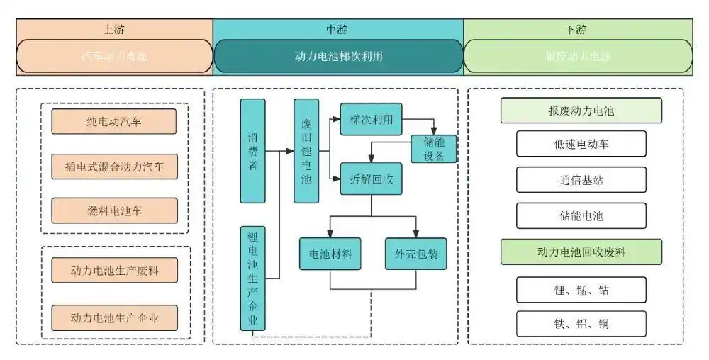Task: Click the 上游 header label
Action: pos(113,29)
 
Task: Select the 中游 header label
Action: pos(337,29)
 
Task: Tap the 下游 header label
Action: pos(577,29)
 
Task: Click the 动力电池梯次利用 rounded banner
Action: pos(337,56)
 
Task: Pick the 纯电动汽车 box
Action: pos(113,121)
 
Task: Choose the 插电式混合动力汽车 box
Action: pos(113,167)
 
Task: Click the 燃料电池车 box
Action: pos(113,211)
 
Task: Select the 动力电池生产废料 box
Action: pos(113,271)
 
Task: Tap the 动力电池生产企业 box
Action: pos(113,317)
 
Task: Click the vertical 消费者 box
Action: pos(252,151)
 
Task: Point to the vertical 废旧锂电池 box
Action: pos(306,151)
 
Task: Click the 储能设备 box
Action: pos(434,149)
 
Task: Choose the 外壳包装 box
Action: pos(416,254)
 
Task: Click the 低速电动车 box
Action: pos(581,144)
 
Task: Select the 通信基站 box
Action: pos(581,180)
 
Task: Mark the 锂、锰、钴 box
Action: pos(581,289)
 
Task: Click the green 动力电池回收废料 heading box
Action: pos(581,252)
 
